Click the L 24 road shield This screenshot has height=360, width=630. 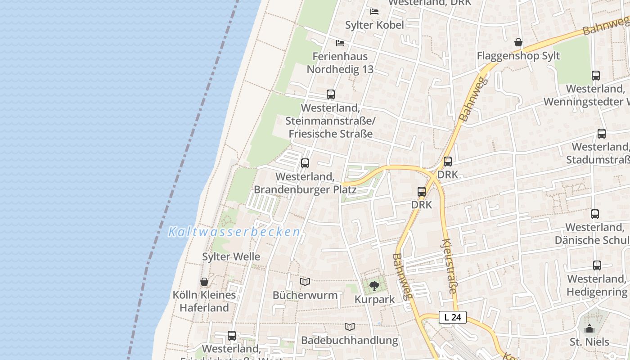coord(453,317)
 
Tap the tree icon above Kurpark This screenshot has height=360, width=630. coord(374,286)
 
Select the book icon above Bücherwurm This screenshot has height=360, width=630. coord(305,282)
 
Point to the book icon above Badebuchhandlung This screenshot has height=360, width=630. coord(350,327)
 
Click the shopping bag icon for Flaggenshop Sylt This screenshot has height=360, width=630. coord(518,43)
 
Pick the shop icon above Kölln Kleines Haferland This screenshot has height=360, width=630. coord(204,282)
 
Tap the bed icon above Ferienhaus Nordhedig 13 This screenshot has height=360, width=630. coord(340,43)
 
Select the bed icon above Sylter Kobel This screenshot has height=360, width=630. coord(374,11)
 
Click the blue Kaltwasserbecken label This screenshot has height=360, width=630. coord(234,232)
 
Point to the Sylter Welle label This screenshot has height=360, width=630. coord(231,256)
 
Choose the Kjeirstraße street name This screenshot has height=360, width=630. coord(450,266)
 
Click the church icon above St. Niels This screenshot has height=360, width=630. coord(589,329)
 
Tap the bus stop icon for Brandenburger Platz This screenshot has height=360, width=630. coord(305,163)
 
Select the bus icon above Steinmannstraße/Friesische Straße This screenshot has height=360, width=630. coord(331,94)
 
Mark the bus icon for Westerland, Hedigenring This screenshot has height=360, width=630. coord(597,265)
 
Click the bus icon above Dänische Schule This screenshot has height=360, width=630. coord(595,214)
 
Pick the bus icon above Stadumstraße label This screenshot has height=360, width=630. coord(602,134)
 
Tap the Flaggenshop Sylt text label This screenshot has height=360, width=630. coord(518,56)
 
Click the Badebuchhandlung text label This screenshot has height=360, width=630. coord(350,340)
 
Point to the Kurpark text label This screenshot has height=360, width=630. coord(374,299)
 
